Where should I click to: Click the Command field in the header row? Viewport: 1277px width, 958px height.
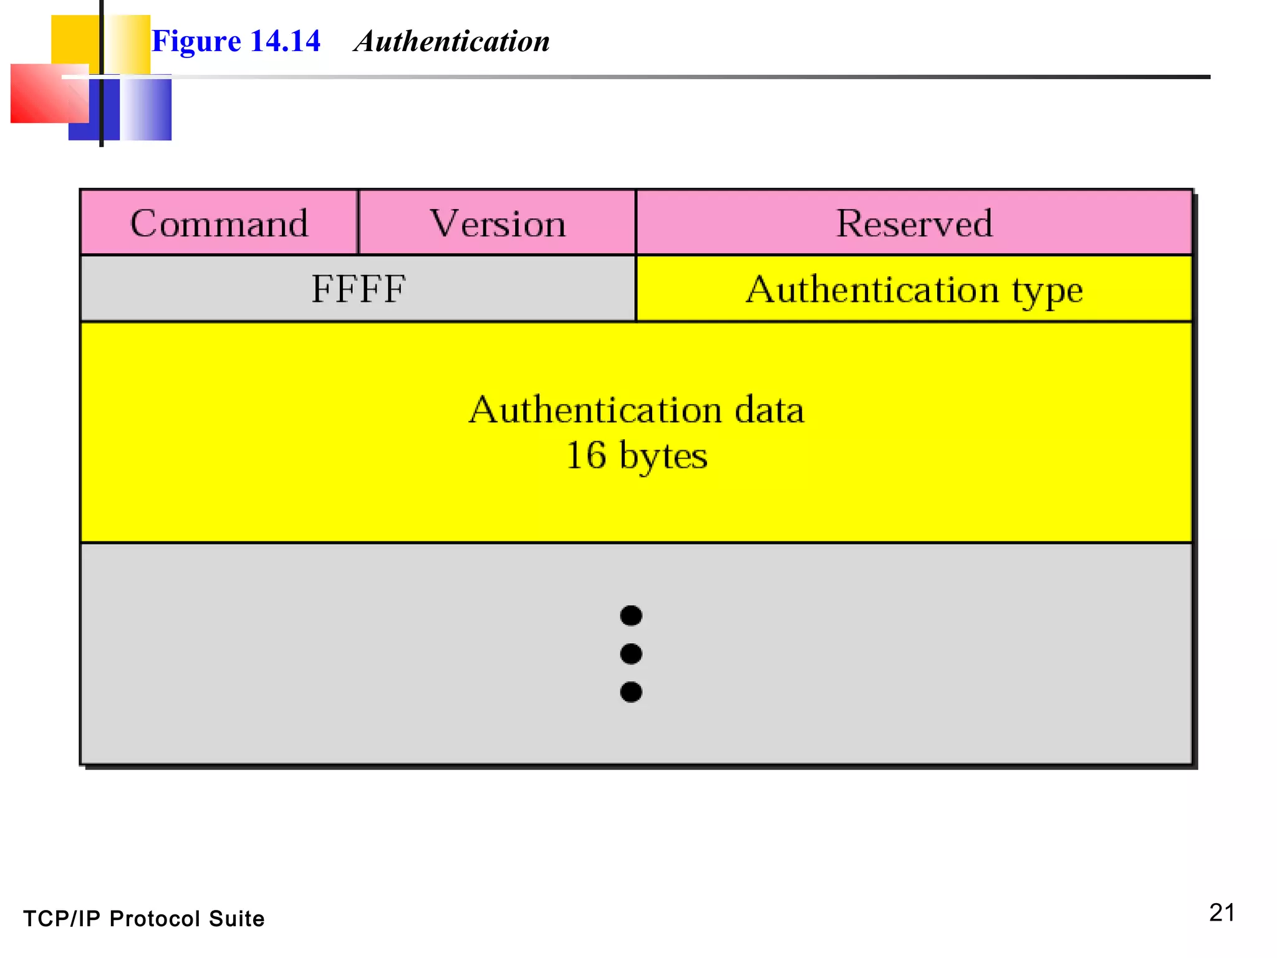coord(219,223)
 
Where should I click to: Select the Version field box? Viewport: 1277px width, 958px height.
coord(498,223)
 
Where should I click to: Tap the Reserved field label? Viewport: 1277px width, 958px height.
coord(914,223)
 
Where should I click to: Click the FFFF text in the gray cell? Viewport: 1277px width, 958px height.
coord(359,289)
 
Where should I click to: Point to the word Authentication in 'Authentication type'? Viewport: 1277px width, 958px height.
coord(872,289)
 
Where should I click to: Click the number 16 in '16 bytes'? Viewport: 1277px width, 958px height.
coord(585,455)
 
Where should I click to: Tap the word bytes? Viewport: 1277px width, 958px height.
coord(663,456)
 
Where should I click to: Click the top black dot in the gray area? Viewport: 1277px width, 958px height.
coord(631,616)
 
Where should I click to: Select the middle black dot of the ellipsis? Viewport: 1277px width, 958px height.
coord(631,654)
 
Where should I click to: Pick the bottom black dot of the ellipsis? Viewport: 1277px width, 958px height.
coord(631,692)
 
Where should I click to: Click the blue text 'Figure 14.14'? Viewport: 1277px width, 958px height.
coord(236,42)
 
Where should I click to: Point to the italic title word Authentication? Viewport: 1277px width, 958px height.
coord(452,42)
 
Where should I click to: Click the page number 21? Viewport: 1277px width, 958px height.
coord(1222,912)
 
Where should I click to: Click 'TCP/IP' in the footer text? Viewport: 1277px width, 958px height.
coord(62,919)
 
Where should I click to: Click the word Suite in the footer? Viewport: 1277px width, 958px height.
coord(236,919)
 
